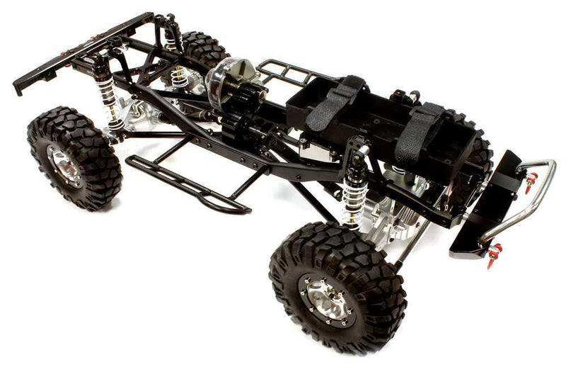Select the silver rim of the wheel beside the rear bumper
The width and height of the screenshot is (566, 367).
point(65,165)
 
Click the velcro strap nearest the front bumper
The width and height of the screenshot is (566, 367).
point(421,131)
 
